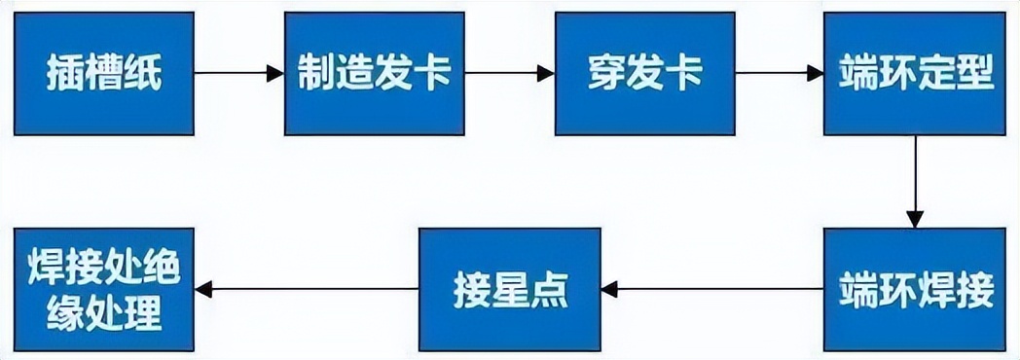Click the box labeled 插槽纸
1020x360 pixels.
point(103,73)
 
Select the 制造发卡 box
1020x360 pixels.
point(374,73)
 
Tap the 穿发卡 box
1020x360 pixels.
point(644,73)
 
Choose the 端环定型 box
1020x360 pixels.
point(915,73)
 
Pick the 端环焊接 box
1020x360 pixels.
point(915,289)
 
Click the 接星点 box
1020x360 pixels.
point(509,289)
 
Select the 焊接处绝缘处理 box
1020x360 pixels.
point(103,289)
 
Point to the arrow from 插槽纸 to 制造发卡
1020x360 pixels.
point(238,73)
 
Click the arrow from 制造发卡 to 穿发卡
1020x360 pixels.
point(509,73)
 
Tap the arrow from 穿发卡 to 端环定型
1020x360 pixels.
point(779,73)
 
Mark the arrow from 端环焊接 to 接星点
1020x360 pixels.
point(711,289)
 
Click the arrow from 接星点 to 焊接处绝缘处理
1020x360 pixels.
point(307,289)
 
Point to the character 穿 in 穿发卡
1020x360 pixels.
point(605,74)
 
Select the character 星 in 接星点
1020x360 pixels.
point(510,290)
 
